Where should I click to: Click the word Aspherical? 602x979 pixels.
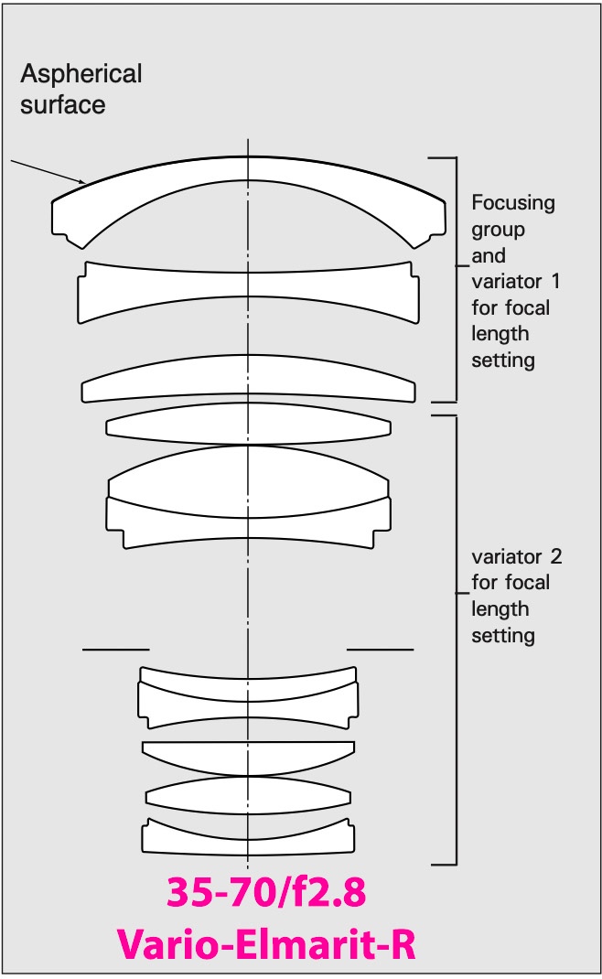pyautogui.click(x=81, y=75)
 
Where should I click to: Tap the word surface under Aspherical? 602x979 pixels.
pyautogui.click(x=62, y=105)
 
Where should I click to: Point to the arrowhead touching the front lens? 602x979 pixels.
pyautogui.click(x=81, y=182)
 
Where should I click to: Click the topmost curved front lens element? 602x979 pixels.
pyautogui.click(x=248, y=168)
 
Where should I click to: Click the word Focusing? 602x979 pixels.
pyautogui.click(x=512, y=203)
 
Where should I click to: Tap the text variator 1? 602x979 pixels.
pyautogui.click(x=516, y=282)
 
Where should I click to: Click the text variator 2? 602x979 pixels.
pyautogui.click(x=516, y=556)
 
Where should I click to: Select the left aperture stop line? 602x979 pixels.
pyautogui.click(x=115, y=650)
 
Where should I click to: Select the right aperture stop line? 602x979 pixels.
pyautogui.click(x=380, y=650)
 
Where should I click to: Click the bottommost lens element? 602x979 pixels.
pyautogui.click(x=248, y=841)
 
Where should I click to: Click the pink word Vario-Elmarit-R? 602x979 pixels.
pyautogui.click(x=266, y=943)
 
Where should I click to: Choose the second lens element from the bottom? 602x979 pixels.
pyautogui.click(x=248, y=795)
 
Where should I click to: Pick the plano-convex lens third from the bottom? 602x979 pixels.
pyautogui.click(x=248, y=757)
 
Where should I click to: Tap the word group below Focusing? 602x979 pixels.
pyautogui.click(x=498, y=230)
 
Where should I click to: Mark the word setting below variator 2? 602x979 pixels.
pyautogui.click(x=502, y=636)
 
